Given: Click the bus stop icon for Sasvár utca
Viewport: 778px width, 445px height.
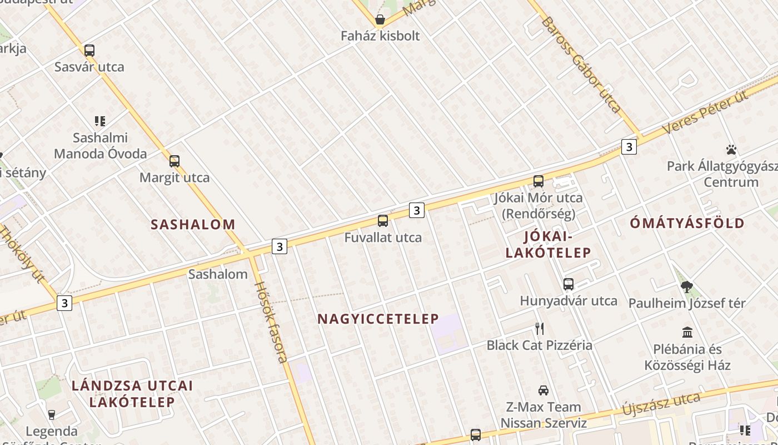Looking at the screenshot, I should click(89, 51).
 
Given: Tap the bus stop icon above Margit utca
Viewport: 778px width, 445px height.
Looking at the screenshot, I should click(174, 161).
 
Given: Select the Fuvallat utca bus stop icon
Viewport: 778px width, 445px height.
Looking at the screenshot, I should click(383, 221).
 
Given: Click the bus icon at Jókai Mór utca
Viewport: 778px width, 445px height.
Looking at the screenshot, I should click(538, 181).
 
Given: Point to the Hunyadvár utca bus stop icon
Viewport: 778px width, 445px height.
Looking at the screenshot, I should click(568, 284).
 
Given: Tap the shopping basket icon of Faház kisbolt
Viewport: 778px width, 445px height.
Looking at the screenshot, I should click(380, 21).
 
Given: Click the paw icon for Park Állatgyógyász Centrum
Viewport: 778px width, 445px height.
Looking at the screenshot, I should click(731, 150).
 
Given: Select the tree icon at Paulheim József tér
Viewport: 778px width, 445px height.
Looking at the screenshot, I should click(687, 287).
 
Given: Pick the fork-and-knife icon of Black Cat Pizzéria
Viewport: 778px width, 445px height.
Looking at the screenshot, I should click(539, 329).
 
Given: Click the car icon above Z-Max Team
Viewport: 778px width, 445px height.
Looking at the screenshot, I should click(543, 390).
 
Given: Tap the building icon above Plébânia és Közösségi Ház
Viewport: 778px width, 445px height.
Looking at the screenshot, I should click(687, 333).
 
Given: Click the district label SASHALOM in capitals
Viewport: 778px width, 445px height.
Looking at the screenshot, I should click(193, 225).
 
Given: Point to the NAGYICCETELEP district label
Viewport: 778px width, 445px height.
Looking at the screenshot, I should click(378, 319).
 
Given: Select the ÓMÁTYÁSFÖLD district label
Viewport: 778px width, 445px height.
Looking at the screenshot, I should click(687, 224).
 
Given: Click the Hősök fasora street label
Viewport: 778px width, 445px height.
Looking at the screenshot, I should click(272, 322).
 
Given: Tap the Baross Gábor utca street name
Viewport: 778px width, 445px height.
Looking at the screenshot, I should click(581, 65).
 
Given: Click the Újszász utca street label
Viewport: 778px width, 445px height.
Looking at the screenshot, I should click(661, 404).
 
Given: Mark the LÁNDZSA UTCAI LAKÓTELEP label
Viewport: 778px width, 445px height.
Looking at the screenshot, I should click(132, 393).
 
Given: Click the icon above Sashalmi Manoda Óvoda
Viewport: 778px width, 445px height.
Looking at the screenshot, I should click(100, 121).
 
